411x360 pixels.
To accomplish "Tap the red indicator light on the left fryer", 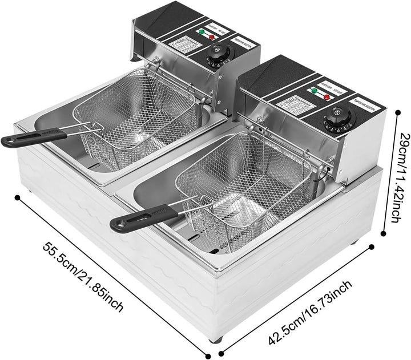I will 213,37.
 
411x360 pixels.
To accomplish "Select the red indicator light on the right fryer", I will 327,96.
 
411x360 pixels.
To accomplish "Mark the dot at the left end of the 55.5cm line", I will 18,197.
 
